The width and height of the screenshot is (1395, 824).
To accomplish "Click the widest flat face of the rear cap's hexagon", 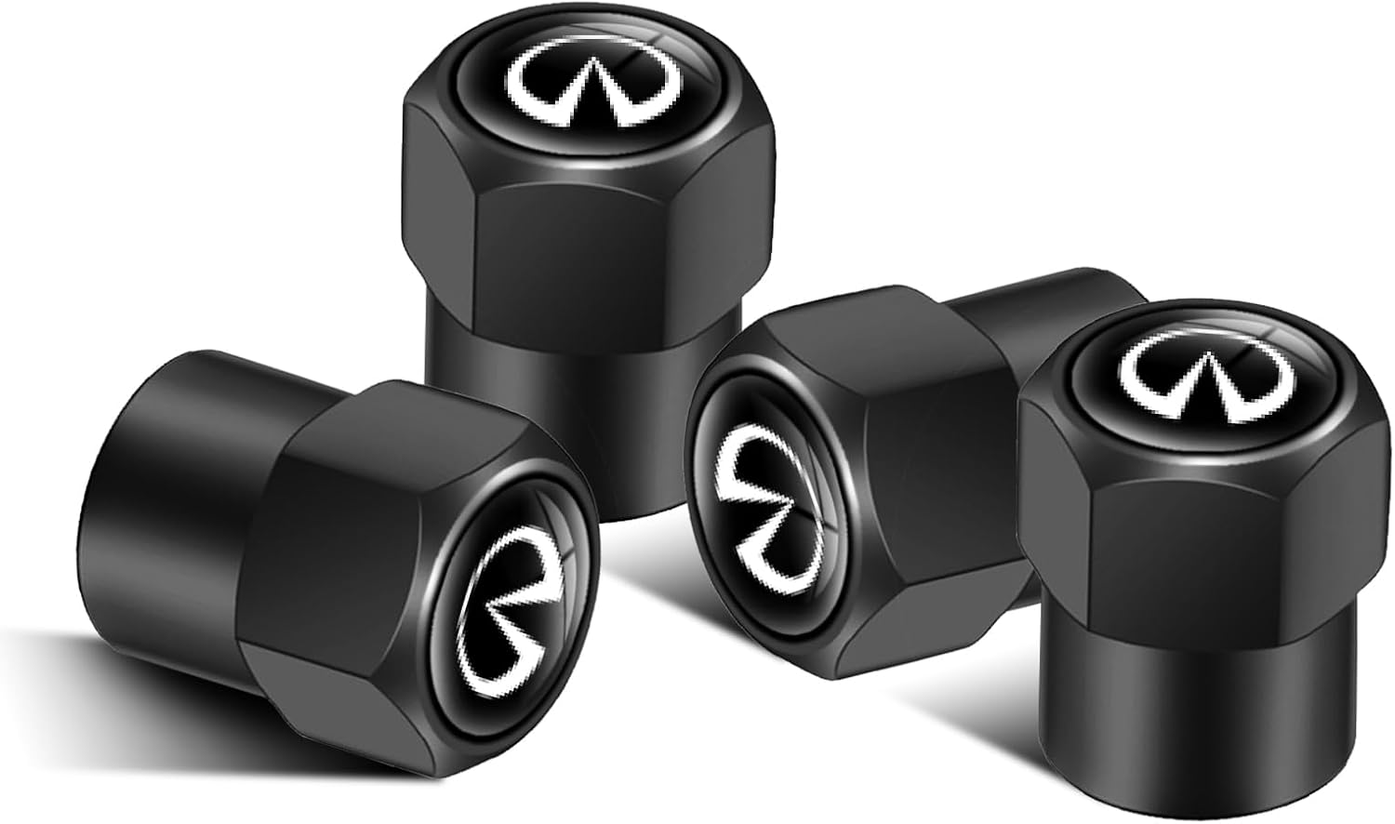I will [549, 242].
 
